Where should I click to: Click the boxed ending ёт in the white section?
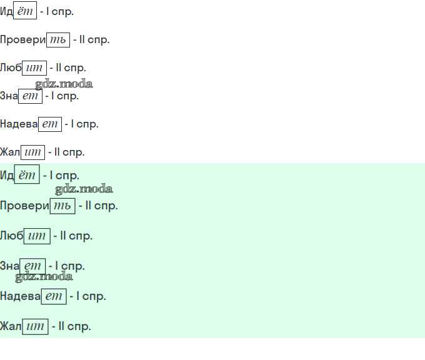25,12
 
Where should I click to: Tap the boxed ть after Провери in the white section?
58,40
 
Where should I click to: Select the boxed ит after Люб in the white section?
34,68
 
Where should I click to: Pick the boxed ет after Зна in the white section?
30,96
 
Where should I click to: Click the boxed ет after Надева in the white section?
49,124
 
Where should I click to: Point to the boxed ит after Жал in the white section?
32,152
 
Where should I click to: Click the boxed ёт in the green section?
27,176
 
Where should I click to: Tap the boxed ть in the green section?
62,206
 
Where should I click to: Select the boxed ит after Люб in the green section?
37,236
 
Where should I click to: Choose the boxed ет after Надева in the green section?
54,296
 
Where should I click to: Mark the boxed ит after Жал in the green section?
35,326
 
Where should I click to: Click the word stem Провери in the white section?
23,40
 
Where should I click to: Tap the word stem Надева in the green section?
20,296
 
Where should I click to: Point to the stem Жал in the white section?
10,152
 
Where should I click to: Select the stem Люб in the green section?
11,236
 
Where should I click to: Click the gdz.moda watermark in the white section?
64,84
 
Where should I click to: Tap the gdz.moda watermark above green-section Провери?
84,189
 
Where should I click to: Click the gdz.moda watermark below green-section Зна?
44,276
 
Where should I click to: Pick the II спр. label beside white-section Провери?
91,40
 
